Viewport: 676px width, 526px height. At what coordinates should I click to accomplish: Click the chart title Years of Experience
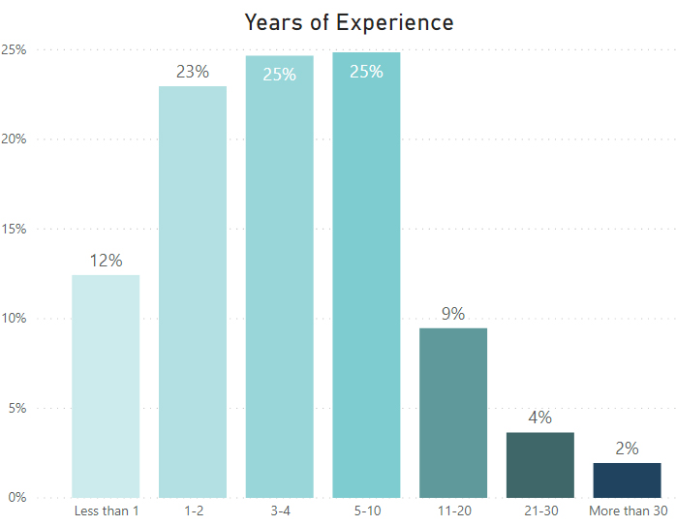348,21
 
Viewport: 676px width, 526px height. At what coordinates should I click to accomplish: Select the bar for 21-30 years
539,465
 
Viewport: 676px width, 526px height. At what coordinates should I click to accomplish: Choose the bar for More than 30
627,480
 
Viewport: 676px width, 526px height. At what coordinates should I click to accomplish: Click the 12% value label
106,261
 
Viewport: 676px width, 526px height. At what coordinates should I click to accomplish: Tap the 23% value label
192,72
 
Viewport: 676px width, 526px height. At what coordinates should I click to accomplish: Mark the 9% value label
453,314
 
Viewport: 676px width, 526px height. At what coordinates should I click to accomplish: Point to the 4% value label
539,418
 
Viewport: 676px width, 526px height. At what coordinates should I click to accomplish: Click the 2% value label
627,449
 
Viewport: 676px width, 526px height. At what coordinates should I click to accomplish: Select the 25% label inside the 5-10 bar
366,72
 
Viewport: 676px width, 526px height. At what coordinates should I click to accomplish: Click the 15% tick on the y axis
14,230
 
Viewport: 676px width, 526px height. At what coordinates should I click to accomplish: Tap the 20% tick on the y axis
14,139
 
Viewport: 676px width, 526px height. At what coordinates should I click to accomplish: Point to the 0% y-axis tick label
16,498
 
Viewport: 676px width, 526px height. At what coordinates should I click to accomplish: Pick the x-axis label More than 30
628,511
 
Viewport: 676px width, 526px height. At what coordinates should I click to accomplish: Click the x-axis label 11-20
453,511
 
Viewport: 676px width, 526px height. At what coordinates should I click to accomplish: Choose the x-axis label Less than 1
106,511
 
